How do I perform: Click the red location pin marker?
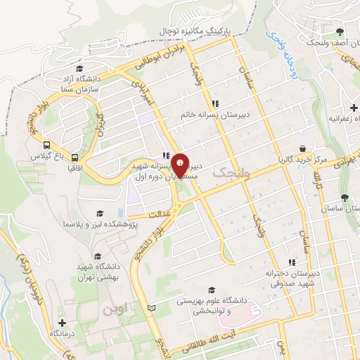(181, 165)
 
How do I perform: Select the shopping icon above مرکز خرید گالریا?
(302, 149)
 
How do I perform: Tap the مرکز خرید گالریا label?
(302, 160)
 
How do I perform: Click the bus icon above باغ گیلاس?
(46, 139)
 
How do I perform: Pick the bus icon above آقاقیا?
(75, 157)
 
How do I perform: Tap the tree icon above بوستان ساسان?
(344, 198)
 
